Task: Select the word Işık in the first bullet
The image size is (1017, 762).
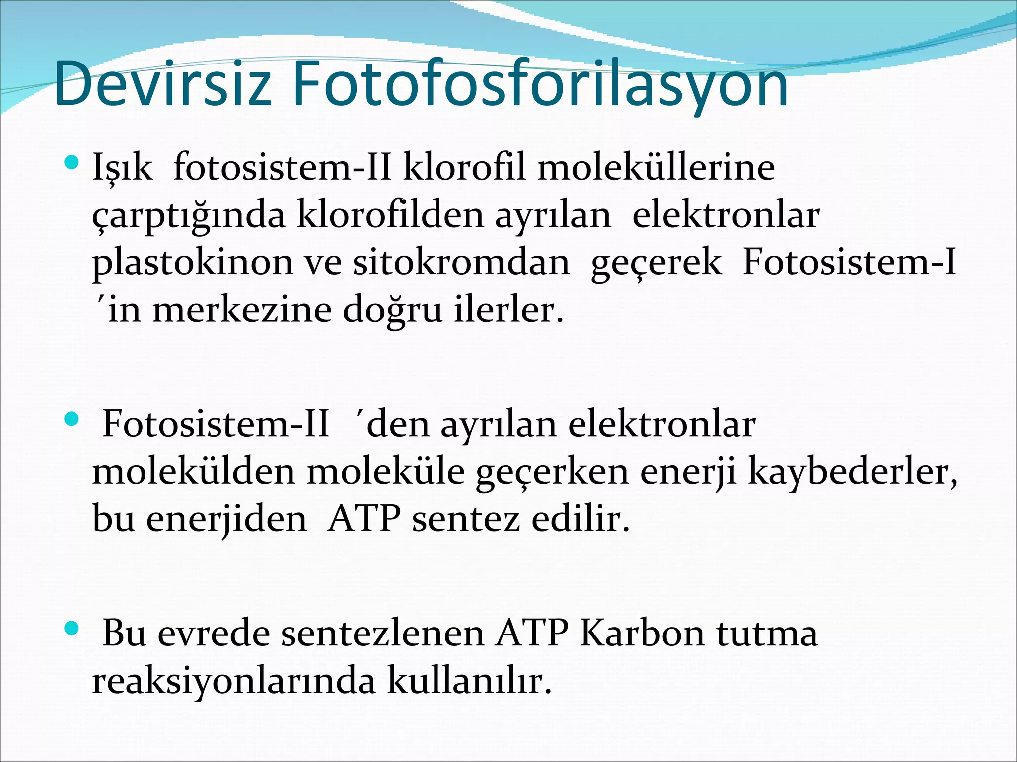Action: (x=122, y=168)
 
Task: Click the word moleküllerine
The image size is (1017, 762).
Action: (x=655, y=168)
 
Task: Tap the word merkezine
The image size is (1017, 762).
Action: (x=241, y=311)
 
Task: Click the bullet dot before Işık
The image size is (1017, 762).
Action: (x=72, y=162)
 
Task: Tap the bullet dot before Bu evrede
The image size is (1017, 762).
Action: (x=72, y=629)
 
